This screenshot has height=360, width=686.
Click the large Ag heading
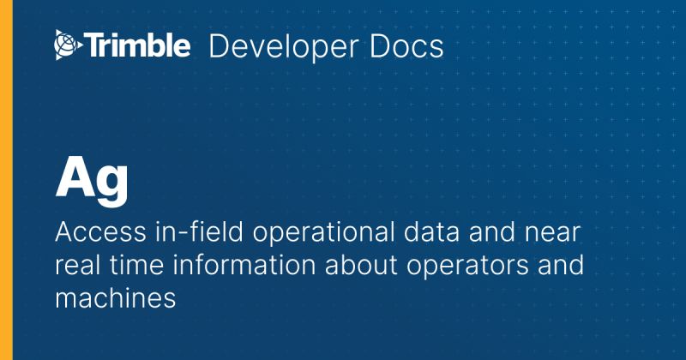click(x=93, y=179)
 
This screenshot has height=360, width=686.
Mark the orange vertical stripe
click(x=4, y=180)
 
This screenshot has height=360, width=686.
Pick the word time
click(x=131, y=265)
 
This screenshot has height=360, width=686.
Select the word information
click(x=229, y=265)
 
